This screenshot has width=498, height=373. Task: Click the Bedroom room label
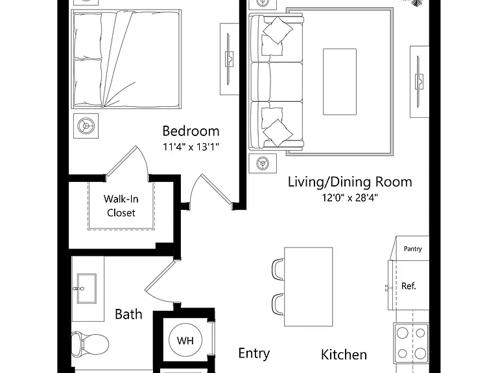(191, 131)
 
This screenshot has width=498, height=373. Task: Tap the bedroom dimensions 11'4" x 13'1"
(191, 147)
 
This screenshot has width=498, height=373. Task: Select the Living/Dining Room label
(350, 182)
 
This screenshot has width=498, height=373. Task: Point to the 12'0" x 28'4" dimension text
(350, 198)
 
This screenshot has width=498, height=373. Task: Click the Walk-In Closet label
(121, 205)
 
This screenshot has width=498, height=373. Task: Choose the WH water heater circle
(185, 341)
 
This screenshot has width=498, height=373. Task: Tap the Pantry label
(412, 249)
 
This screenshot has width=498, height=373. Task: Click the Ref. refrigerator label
(409, 286)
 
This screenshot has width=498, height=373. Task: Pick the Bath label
(128, 314)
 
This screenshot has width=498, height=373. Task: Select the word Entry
(254, 354)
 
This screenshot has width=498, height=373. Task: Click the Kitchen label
(344, 355)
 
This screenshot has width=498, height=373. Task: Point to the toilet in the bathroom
(90, 344)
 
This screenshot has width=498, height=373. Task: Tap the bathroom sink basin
(86, 289)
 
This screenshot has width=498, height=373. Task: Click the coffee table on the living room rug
(340, 82)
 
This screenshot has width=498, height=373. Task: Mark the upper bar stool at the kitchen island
(278, 269)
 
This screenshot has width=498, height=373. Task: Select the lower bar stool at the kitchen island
(278, 304)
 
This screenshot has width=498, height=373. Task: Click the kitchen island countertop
(309, 287)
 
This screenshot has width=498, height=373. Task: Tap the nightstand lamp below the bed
(86, 126)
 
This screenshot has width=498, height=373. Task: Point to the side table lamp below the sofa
(263, 163)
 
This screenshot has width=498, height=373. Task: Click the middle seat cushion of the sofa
(277, 82)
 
